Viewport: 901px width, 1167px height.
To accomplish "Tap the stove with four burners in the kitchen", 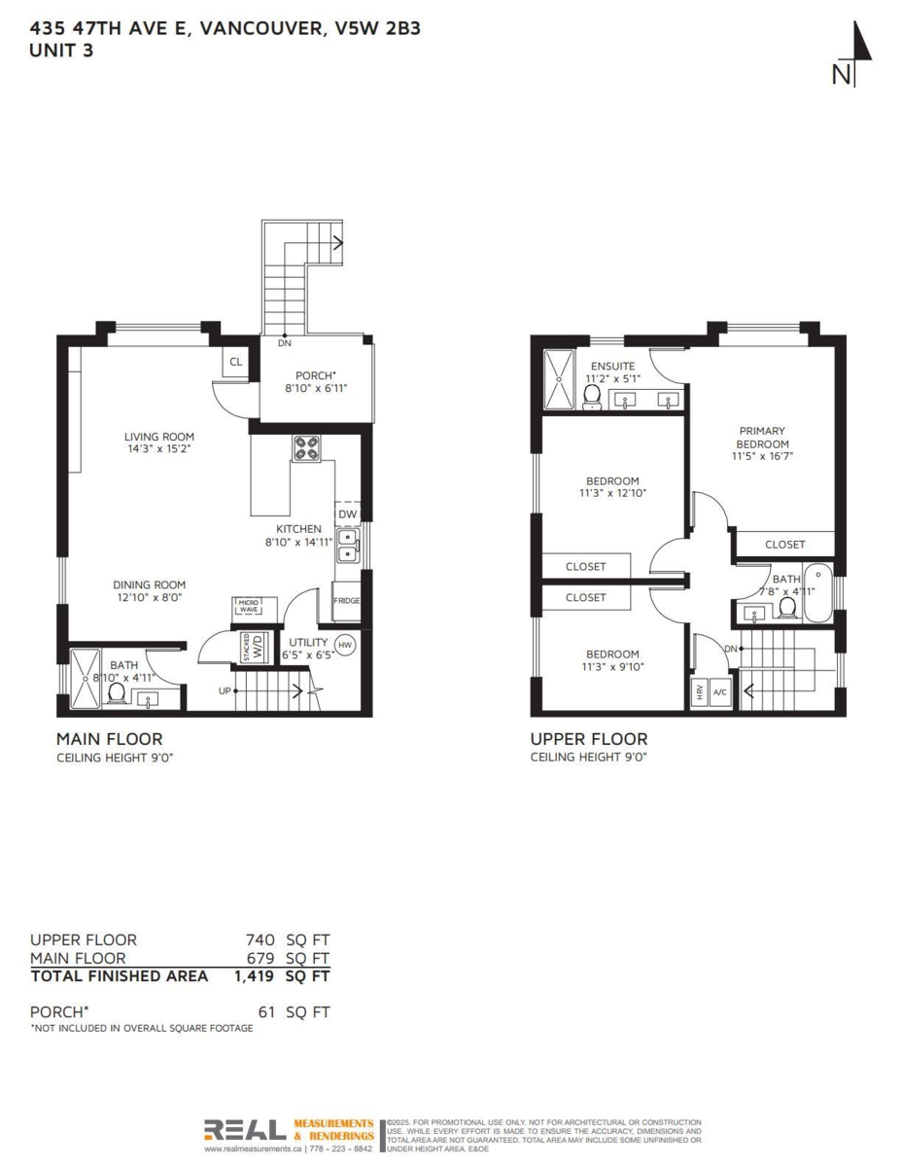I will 308,448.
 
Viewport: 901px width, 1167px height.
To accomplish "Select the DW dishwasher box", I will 347,514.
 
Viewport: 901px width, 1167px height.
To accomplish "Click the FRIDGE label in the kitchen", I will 346,601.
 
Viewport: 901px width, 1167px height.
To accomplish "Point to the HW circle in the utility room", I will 344,644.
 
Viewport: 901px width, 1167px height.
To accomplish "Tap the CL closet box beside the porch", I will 235,363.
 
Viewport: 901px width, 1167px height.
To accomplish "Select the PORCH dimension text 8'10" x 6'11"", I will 315,388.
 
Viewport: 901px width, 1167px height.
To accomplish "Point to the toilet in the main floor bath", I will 116,692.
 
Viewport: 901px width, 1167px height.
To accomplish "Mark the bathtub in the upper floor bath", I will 816,592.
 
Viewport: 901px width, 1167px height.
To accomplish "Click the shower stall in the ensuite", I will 560,379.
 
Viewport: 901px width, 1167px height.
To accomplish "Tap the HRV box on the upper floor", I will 699,692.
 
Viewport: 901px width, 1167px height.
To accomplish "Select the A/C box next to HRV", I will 720,692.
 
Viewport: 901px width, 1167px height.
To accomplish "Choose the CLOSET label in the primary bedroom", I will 784,545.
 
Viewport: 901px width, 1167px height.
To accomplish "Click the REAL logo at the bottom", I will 244,1130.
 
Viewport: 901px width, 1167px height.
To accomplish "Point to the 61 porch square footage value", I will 267,1012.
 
